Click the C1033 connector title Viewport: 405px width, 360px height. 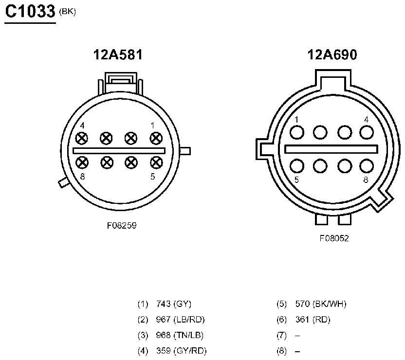(30, 11)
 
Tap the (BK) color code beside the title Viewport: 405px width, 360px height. (67, 12)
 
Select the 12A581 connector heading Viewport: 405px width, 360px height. (118, 54)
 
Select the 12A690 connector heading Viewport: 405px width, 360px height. (332, 54)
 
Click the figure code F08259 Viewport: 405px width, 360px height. (122, 226)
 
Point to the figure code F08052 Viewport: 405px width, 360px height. (334, 238)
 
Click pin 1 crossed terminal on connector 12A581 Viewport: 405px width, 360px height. (156, 138)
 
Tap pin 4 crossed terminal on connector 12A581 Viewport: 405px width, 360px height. (82, 138)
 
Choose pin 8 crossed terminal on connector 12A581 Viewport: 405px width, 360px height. (82, 162)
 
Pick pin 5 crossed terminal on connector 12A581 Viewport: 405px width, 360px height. (156, 162)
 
